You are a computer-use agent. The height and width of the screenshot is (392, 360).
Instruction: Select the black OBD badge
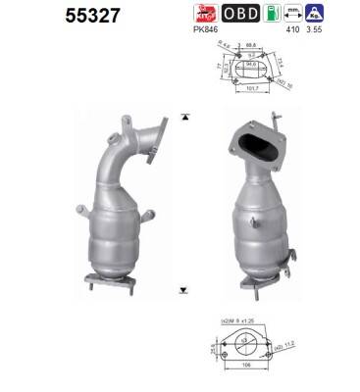[241, 15]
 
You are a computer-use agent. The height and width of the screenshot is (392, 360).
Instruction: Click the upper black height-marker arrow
[182, 117]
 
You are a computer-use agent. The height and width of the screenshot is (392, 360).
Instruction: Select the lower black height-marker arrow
[182, 290]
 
